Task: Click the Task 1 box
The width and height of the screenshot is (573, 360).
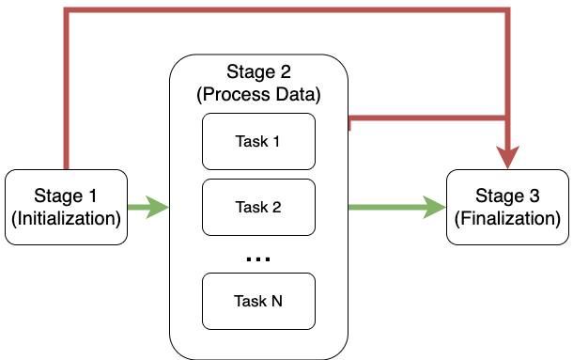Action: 258,142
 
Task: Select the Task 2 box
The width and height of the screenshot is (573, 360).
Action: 258,208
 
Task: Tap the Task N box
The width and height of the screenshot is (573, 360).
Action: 258,302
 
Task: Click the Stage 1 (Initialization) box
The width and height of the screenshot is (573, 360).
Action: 66,208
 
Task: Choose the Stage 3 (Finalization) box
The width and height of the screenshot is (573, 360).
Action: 507,208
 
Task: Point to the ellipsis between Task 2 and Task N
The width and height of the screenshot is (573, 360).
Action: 258,258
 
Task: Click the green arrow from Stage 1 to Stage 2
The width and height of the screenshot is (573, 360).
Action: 146,208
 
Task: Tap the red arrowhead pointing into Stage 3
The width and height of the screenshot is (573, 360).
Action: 508,158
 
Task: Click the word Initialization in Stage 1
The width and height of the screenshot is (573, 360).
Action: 66,220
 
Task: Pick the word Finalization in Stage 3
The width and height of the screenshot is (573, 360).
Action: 507,220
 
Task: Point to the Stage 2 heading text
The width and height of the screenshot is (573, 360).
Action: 259,73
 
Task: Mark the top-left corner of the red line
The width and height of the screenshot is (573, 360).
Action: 66,11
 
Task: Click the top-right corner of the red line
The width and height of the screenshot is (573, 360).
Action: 508,11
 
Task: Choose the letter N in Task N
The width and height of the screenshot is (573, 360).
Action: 277,302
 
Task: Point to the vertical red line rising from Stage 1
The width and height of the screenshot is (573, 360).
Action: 66,94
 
